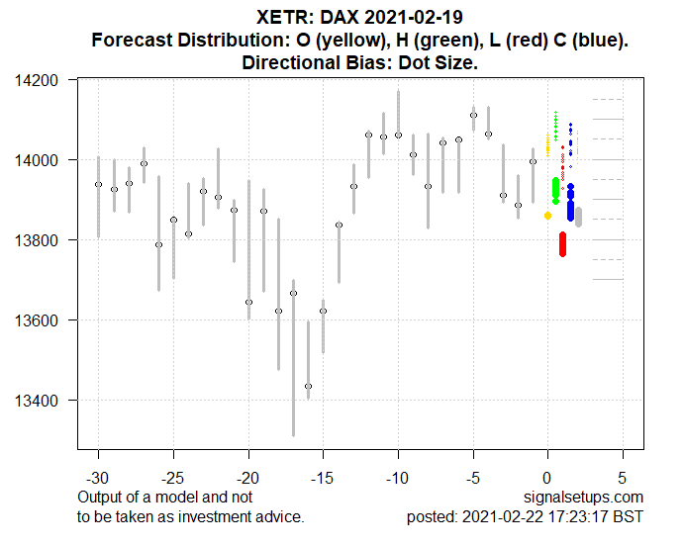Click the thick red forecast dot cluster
tap(562, 244)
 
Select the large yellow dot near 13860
tap(547, 215)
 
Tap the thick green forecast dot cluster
tap(555, 190)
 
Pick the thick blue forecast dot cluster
tap(571, 203)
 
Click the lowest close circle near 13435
tap(308, 386)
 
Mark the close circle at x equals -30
tap(98, 185)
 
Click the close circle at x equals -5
tap(473, 116)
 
